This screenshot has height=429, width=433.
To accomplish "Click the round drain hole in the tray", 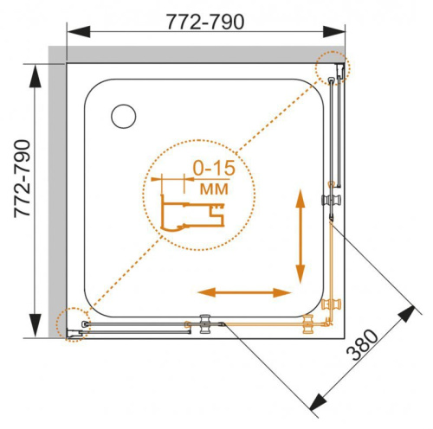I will pos(125,115).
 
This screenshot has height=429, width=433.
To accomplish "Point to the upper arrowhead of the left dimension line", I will pos(36,74).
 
